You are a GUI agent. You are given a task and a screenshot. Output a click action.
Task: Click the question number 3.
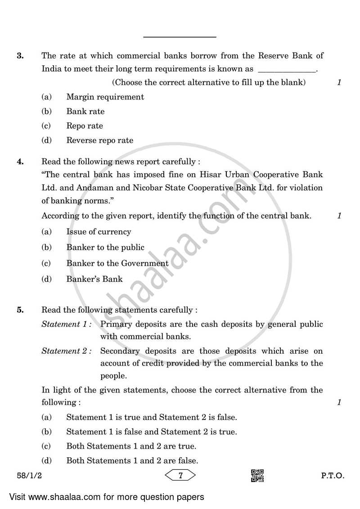tap(20, 56)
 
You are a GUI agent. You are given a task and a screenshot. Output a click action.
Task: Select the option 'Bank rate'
tap(85, 111)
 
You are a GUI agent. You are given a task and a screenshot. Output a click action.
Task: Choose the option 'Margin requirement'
tap(105, 97)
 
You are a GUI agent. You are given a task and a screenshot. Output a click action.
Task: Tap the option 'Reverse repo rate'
tap(99, 140)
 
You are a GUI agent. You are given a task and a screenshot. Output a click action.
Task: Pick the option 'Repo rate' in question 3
tap(85, 126)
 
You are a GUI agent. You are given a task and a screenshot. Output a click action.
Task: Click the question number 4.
tap(20, 162)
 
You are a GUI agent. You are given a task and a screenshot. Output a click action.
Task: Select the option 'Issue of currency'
tap(99, 232)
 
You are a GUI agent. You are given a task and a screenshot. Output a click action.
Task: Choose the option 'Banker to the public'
tap(105, 247)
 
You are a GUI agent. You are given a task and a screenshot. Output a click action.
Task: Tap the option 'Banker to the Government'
tap(117, 263)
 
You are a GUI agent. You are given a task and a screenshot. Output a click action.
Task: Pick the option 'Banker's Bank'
tap(94, 279)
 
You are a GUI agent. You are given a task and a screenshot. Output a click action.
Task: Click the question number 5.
tap(20, 310)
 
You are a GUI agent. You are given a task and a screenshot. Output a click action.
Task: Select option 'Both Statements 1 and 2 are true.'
tap(131, 446)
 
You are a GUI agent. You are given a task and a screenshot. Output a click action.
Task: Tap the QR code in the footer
tap(257, 475)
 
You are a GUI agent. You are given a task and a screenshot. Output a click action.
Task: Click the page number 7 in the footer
tap(180, 475)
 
